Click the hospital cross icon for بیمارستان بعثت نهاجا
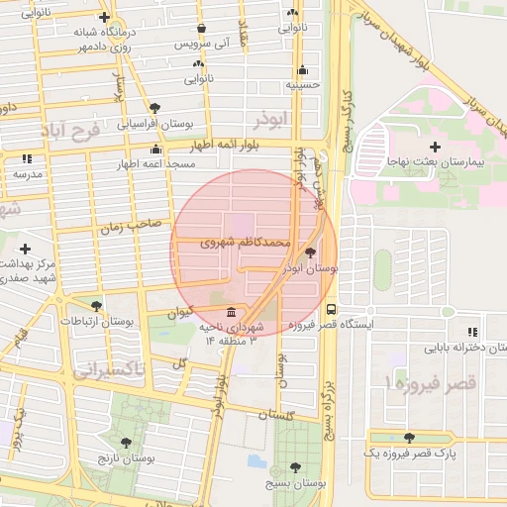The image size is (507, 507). click(x=435, y=147)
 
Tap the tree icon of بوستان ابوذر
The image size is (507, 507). click(x=312, y=253)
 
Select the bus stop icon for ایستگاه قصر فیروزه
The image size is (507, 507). click(x=331, y=308)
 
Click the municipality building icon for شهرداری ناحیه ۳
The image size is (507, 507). click(x=232, y=312)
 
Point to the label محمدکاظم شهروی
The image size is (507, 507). click(x=245, y=241)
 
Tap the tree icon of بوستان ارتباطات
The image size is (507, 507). click(x=96, y=306)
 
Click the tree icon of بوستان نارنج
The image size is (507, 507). click(x=125, y=443)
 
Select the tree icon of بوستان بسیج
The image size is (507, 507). click(x=295, y=467)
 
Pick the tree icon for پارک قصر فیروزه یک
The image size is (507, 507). click(x=409, y=437)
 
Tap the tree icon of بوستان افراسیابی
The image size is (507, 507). click(x=154, y=108)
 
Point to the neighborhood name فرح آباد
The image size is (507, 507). click(x=70, y=131)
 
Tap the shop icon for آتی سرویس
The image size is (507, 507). click(x=203, y=29)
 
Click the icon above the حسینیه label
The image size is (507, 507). click(x=302, y=70)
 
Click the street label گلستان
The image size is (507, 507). click(x=280, y=417)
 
